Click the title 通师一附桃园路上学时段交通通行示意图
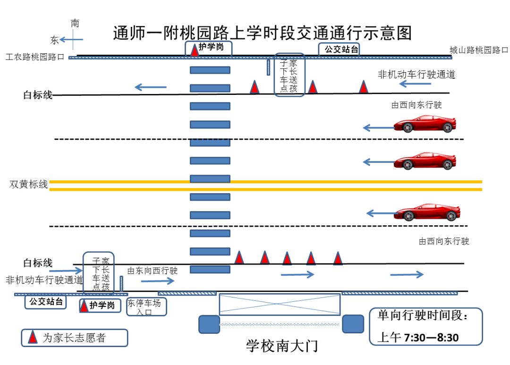262,34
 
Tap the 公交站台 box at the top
339,49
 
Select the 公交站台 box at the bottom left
46,302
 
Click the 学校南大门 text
281,346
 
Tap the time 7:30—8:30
430,338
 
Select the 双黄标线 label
29,185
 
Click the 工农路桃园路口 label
34,57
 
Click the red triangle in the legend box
33,337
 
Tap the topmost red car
425,124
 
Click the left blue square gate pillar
209,324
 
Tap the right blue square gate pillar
353,324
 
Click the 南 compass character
75,23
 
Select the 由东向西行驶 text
152,271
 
